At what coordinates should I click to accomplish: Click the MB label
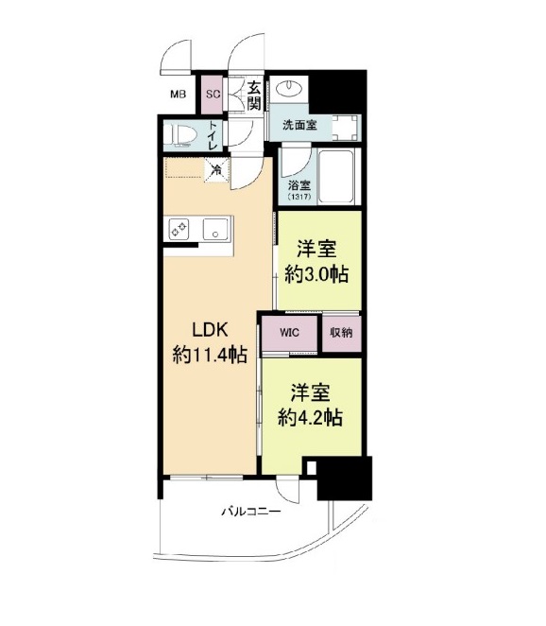coord(178,94)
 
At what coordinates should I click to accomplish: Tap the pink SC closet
coord(213,94)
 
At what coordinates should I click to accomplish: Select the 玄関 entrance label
coord(255,95)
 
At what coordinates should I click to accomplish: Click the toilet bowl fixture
coord(181,136)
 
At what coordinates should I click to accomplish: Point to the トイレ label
coord(214,136)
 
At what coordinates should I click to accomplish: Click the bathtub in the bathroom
coord(336,177)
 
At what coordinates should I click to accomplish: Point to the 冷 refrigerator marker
coord(217,170)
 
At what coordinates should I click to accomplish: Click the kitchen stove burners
coord(179,228)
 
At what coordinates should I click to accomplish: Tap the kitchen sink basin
coord(217,228)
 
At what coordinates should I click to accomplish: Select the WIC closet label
coord(289,333)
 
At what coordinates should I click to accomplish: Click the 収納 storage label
coord(340,333)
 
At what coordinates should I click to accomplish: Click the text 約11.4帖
coord(210,356)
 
